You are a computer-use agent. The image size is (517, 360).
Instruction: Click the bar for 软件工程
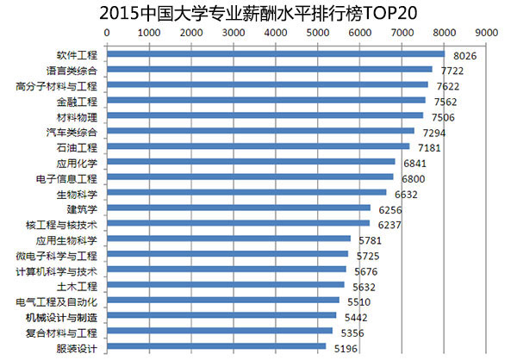coord(276,53)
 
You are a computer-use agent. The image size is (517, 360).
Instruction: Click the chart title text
coord(258,12)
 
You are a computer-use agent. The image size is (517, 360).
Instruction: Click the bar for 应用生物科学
coord(228,239)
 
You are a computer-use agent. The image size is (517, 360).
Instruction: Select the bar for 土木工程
coord(225,285)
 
